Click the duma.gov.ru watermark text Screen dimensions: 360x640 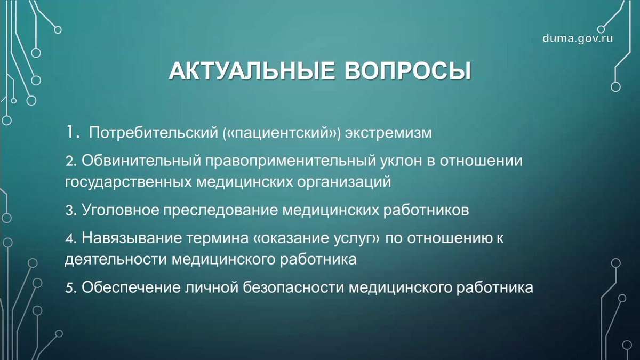577,38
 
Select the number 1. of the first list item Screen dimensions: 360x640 73,132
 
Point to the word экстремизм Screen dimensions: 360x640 388,133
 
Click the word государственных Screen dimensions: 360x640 128,182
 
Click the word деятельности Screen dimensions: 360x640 116,260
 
